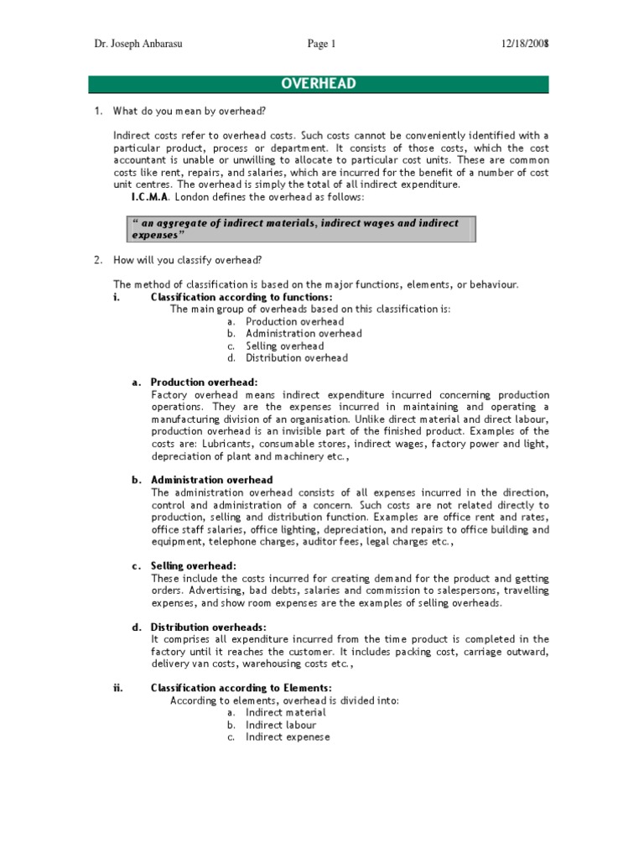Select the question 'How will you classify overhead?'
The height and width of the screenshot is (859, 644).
pos(192,261)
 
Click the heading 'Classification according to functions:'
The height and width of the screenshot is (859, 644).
pos(241,297)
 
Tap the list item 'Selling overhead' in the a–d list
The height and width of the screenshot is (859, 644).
pos(285,346)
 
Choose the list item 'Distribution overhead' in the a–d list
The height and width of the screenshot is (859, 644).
pos(297,358)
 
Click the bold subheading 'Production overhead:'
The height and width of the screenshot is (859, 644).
pos(193,383)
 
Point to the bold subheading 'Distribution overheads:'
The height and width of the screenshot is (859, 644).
pos(208,627)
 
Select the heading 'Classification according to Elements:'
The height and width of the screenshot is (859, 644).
pos(241,688)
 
